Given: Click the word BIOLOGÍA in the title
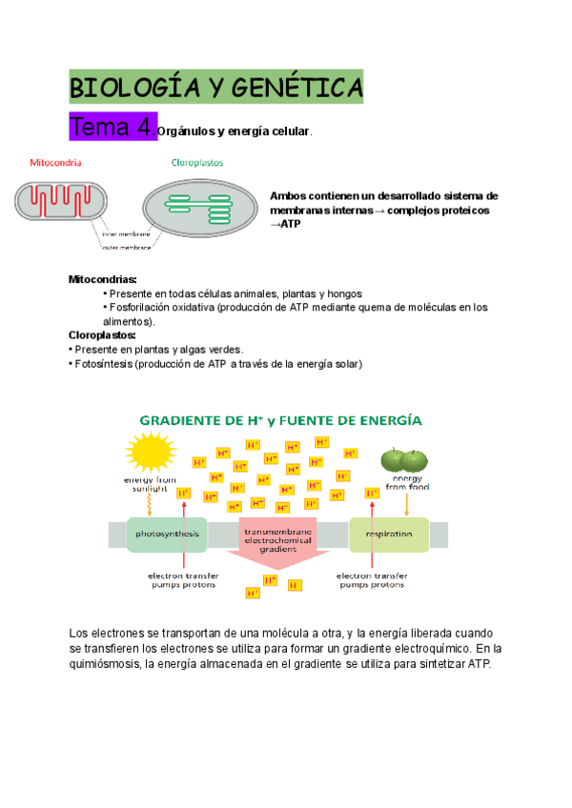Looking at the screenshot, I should coord(133,89).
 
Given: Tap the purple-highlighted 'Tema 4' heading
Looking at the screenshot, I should coord(112,128).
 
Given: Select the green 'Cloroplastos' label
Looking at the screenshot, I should coord(197,162).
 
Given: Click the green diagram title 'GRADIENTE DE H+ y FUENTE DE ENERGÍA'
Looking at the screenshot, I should coord(282,419).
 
